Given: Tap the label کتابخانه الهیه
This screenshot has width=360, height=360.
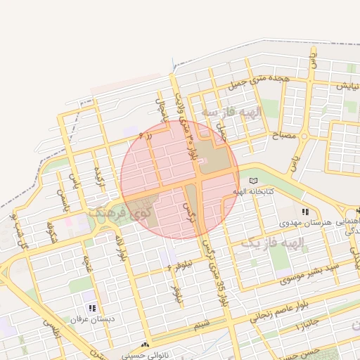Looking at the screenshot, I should [254, 191].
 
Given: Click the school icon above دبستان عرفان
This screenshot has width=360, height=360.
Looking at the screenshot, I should [92, 308].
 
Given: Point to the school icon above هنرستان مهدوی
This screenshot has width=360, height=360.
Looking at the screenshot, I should [304, 212].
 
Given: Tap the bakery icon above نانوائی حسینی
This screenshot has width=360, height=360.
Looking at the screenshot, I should [145, 346].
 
